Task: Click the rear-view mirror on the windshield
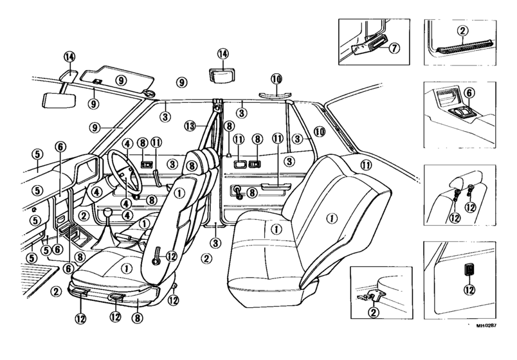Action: tap(59, 100)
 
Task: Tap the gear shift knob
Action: tap(109, 213)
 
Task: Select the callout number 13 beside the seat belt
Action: tap(190, 125)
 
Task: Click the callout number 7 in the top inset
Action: tap(394, 48)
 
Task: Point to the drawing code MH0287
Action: tap(486, 326)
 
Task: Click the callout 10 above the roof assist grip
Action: tap(277, 79)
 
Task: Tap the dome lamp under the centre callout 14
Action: tap(222, 76)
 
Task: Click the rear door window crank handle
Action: tap(237, 192)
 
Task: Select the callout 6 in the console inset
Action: tap(469, 93)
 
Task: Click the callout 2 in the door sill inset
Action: tap(462, 31)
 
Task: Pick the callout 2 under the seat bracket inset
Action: tap(373, 312)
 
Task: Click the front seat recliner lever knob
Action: tap(156, 262)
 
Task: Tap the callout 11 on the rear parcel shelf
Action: tap(365, 165)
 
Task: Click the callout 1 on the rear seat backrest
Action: tap(331, 218)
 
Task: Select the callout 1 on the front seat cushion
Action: tap(126, 269)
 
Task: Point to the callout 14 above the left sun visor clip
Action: tap(69, 57)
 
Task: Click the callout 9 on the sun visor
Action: tap(121, 80)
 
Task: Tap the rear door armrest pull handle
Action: tap(277, 186)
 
